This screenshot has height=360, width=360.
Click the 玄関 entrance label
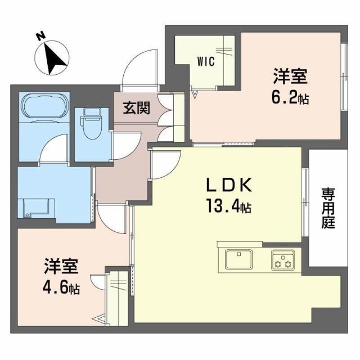click(x=136, y=108)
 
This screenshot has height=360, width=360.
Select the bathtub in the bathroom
click(x=45, y=107)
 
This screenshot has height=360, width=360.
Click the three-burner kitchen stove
click(x=283, y=260)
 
